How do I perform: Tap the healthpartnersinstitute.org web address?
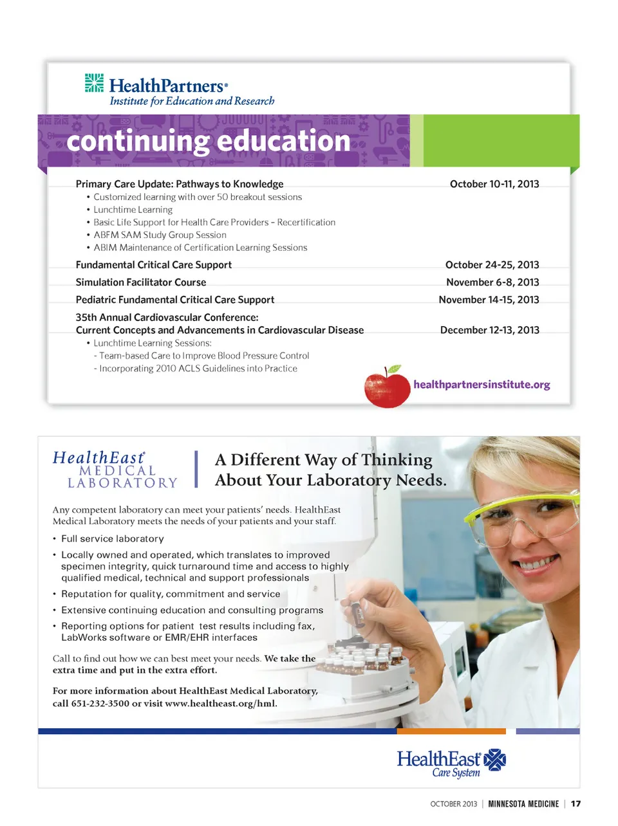point(482,385)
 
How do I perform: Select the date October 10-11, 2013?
point(494,184)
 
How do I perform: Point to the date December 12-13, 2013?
point(489,330)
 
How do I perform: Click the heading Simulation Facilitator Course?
point(141,282)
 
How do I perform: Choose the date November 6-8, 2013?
point(492,282)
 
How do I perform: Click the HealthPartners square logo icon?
point(94,83)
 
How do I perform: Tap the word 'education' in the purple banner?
point(288,141)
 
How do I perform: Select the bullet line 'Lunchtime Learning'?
point(133,210)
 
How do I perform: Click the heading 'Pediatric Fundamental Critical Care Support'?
point(175,300)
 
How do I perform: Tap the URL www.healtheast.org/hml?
point(221,703)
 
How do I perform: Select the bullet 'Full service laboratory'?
point(113,538)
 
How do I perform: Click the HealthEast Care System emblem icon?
point(494,760)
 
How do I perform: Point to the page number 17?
point(576,803)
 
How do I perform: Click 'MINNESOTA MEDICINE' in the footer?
point(523,803)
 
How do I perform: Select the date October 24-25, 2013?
point(492,265)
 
